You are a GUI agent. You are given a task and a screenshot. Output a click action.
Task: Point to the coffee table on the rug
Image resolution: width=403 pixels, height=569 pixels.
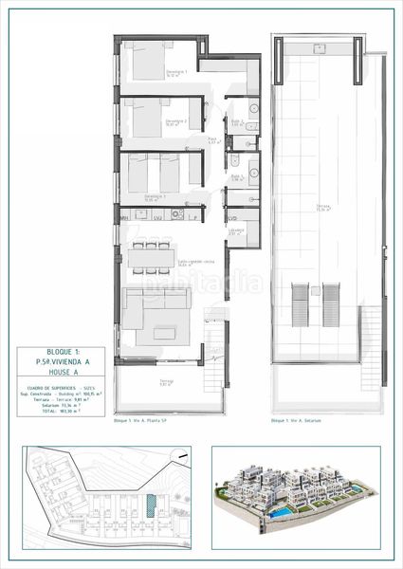[158, 332]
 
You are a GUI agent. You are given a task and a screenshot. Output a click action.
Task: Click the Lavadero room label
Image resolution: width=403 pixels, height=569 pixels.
[236, 229]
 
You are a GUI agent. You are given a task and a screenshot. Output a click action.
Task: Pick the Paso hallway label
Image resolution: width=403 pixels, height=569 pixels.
[214, 142]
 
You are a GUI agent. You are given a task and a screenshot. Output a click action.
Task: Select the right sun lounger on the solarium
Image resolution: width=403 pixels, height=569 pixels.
[331, 303]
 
